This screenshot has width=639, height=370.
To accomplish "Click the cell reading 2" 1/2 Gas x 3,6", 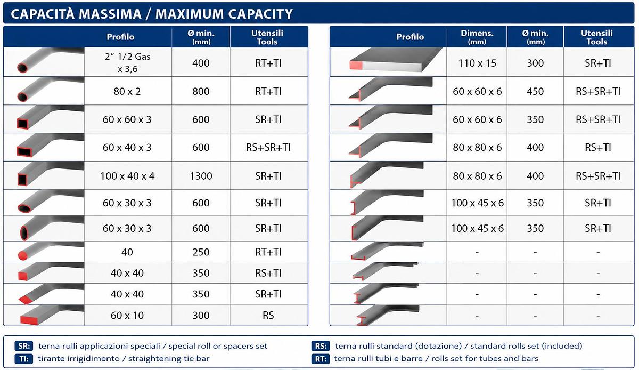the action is point(127,62).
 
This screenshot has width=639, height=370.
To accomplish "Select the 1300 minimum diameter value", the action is point(201,176).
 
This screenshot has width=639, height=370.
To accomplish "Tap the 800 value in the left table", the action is point(201,91).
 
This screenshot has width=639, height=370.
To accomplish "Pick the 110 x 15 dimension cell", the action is point(477,63).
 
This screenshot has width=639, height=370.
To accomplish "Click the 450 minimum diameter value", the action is point(535,91).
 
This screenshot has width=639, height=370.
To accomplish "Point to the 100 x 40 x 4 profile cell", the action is point(127,176).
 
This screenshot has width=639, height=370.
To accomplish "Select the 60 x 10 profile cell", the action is point(127,315).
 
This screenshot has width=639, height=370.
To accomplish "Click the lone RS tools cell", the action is point(268,315).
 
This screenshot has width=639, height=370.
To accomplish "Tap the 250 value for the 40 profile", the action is point(201,252).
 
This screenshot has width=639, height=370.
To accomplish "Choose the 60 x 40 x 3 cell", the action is point(127,148).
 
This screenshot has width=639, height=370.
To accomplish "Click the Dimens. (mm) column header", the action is point(477,37).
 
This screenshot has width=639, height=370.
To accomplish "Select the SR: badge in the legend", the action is point(24,346).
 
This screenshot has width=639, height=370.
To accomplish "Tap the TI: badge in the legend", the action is point(24,359).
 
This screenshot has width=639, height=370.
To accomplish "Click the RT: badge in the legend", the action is point(321,359).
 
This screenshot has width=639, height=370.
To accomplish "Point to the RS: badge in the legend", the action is point(321,346).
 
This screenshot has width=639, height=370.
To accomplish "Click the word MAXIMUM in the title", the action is point(190,14).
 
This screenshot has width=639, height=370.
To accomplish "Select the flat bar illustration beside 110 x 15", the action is point(395,60).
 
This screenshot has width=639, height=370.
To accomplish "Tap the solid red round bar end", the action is point(22,255).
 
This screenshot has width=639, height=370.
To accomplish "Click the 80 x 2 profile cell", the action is point(127,91).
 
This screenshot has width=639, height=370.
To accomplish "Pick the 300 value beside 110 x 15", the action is point(535,63).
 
